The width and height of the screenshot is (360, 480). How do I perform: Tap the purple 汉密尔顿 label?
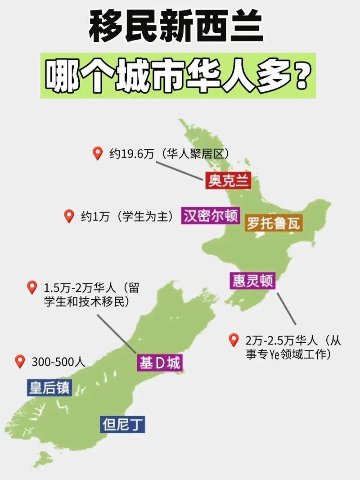[210, 216]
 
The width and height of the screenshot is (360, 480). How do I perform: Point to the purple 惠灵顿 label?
[252, 281]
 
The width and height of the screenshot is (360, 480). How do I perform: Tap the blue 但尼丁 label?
[122, 424]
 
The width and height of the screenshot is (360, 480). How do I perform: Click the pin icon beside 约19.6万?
[97, 154]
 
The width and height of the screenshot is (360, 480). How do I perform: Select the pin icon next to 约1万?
[69, 216]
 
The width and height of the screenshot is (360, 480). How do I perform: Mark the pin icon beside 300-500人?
[20, 361]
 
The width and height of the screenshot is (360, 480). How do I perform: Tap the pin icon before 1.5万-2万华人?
[32, 287]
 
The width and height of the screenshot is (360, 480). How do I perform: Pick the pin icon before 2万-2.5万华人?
[233, 340]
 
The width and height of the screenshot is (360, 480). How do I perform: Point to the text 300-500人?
[58, 362]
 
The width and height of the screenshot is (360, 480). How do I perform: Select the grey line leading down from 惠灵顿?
[286, 309]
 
